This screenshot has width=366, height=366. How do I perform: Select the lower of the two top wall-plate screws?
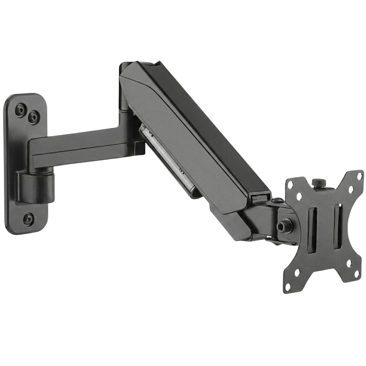click(x=34, y=117)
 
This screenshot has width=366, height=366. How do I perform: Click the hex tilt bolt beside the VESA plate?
click(x=282, y=226)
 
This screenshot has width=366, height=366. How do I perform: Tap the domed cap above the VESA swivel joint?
click(x=277, y=201)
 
